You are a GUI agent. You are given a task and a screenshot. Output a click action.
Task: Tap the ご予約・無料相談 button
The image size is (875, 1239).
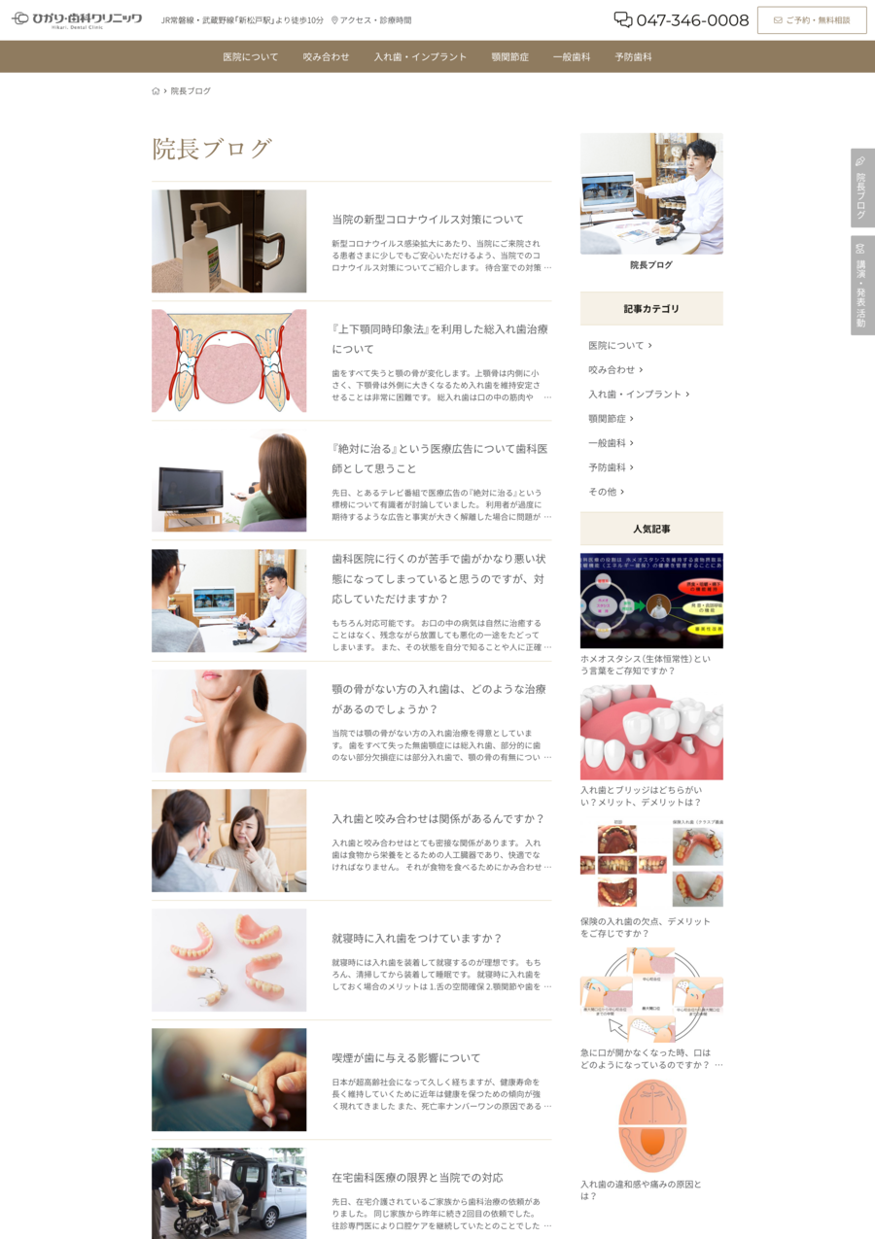[812, 20]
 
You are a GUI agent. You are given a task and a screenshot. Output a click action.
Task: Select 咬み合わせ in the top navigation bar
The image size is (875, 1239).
[326, 57]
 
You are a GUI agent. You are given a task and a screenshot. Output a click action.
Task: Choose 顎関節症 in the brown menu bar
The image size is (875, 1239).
[510, 57]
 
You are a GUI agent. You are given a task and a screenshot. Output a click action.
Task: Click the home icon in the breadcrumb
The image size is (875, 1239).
[156, 91]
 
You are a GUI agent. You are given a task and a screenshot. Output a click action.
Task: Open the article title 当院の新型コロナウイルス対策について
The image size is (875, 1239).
[428, 220]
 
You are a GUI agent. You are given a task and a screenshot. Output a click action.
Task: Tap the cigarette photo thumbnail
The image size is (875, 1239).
[228, 1080]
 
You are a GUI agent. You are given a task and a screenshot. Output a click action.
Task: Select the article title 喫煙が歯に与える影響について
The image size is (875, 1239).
[406, 1058]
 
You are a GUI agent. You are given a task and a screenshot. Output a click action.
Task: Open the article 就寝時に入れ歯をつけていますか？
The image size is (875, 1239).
[417, 939]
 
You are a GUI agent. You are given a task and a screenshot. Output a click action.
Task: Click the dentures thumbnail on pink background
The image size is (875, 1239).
[228, 960]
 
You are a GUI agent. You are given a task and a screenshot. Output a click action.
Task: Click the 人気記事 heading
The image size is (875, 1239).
[651, 529]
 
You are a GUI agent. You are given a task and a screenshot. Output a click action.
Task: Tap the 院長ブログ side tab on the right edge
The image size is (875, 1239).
[862, 189]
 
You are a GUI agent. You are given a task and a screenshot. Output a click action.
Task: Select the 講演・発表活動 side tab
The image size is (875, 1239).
[862, 286]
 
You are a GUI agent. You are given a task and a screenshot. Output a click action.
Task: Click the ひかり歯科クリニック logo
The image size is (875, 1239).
[77, 19]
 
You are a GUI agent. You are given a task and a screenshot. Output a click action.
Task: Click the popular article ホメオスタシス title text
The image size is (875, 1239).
[645, 665]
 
